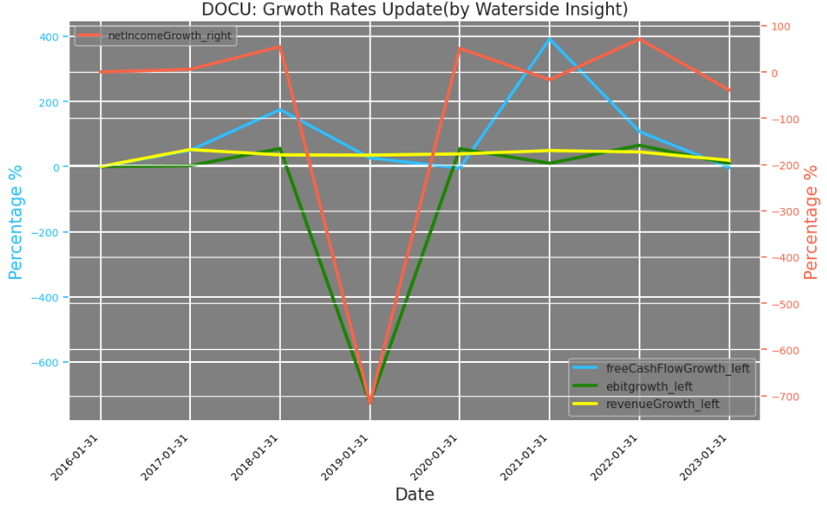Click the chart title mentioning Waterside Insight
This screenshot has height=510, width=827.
point(414,9)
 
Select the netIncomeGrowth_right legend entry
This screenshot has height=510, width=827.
point(169,35)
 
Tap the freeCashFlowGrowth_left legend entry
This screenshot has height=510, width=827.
point(677,369)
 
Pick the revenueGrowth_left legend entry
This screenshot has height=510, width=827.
point(663,404)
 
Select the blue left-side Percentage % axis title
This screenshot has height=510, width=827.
point(15,222)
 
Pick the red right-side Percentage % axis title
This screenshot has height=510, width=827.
point(812,222)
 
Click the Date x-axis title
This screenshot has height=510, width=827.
point(414,495)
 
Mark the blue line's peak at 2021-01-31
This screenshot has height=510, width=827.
point(550,38)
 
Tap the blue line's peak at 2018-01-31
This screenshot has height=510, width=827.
point(280,110)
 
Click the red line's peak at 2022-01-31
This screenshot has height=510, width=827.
point(640,39)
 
